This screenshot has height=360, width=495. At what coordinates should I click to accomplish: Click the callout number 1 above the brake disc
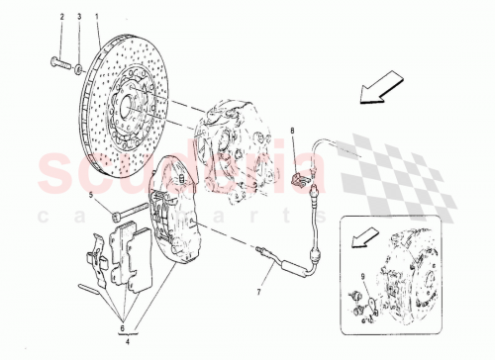coord(96,18)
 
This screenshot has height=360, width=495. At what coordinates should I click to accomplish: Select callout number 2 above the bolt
coord(61,18)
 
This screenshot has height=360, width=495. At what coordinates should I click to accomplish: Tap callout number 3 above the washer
coord(79,18)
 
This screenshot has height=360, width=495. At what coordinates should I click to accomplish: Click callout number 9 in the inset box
coord(362,276)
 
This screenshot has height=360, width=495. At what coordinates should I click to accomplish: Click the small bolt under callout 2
coord(56,67)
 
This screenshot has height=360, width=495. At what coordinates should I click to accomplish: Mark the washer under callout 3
coord(79,68)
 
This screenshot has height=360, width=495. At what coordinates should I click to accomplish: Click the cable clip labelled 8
coord(300,179)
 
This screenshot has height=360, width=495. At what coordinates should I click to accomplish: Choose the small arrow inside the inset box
coord(364,238)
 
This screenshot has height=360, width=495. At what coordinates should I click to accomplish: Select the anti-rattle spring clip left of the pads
coord(95,251)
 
